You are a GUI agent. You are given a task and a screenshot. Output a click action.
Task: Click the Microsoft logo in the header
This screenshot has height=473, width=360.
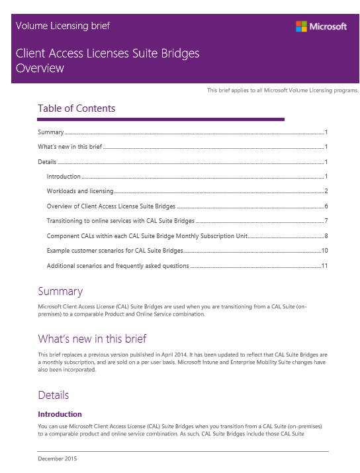point(321,26)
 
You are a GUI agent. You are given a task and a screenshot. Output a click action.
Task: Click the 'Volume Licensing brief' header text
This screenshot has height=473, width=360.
point(62,26)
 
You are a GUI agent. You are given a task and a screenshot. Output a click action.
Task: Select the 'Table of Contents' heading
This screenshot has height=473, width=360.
point(76,108)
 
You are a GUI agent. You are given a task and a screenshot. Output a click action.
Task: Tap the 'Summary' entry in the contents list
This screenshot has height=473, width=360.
point(50,132)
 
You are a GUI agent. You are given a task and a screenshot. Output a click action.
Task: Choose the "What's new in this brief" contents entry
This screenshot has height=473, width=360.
point(69,147)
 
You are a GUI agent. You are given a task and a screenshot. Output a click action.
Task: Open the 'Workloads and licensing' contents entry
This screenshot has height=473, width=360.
point(79,191)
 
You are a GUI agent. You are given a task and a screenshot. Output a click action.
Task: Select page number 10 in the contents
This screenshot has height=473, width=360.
point(324,251)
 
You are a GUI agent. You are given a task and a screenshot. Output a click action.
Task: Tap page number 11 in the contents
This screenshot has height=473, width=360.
point(324,266)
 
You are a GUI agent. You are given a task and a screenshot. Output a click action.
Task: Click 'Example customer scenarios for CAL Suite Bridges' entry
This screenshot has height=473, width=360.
point(114,251)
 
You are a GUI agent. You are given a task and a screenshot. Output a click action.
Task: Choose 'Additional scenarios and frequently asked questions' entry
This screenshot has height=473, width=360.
point(118,266)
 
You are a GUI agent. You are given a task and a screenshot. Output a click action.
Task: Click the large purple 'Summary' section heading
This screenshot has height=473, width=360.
point(60,291)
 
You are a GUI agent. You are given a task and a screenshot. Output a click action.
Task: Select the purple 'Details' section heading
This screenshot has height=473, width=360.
point(53,395)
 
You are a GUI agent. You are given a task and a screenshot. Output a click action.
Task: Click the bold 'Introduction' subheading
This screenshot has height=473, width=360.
point(60,414)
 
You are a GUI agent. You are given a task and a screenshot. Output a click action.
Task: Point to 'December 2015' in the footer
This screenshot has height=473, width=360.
point(57,458)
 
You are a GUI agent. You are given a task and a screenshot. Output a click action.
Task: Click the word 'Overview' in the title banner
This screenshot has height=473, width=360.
point(40,67)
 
